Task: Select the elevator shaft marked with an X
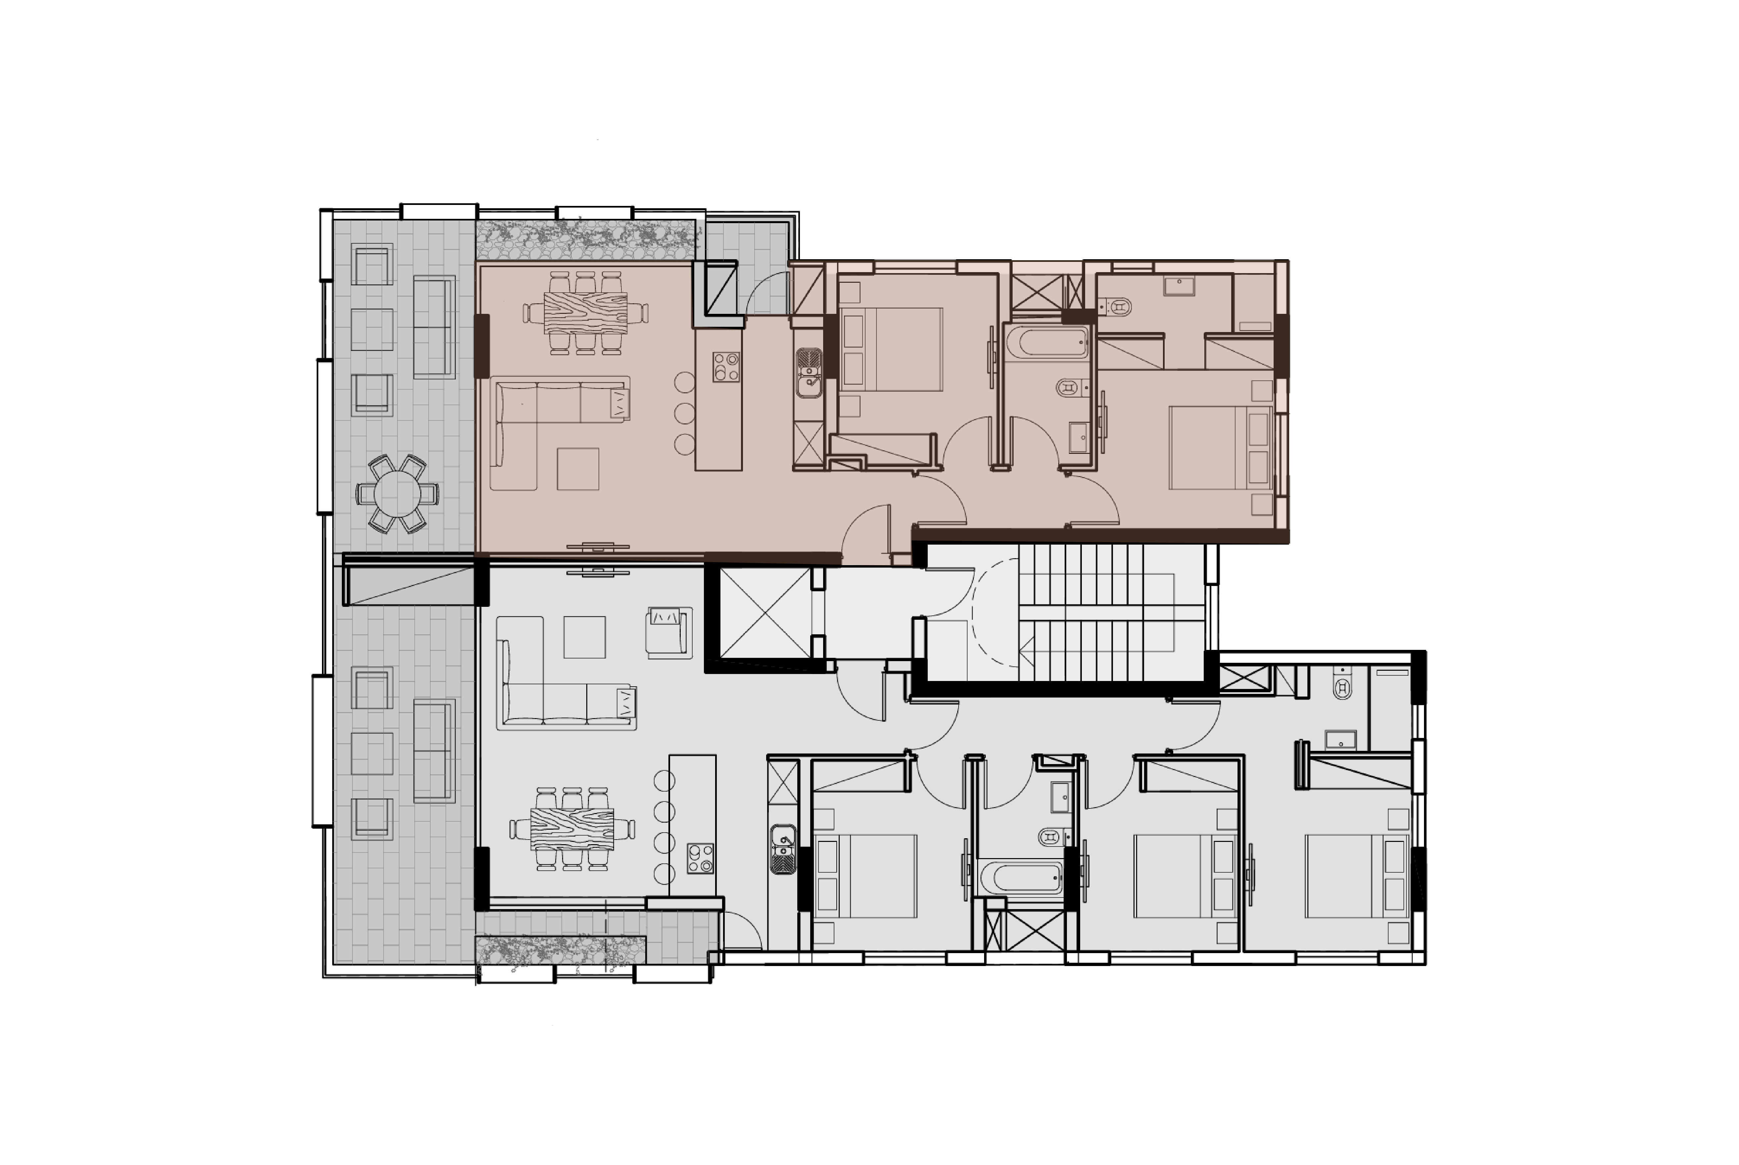765,613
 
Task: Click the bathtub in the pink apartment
1046,343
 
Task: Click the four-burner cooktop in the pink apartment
726,366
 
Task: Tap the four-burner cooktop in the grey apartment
700,858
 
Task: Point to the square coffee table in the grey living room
584,637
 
